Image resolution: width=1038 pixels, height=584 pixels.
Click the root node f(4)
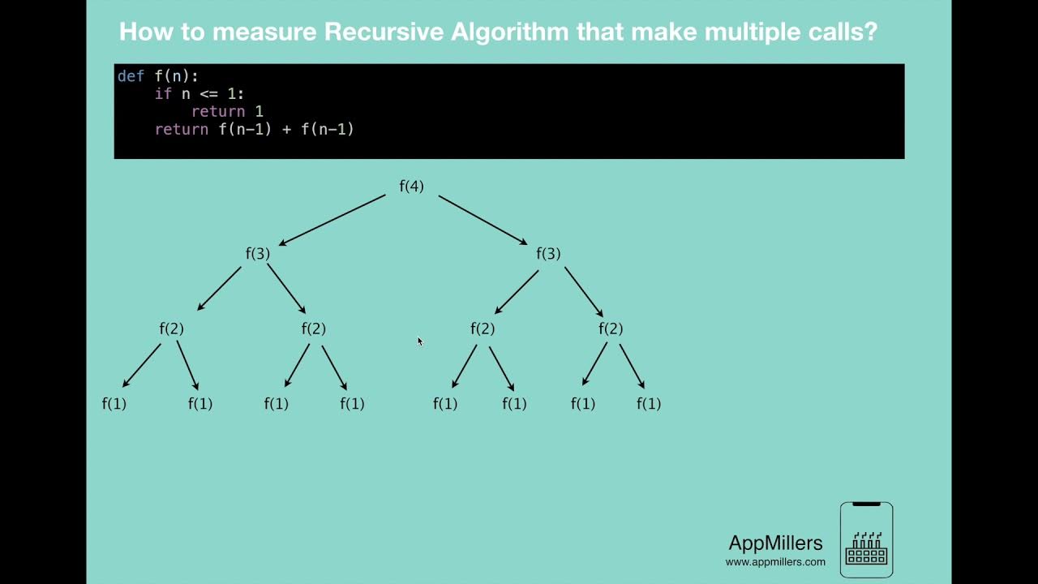tap(411, 187)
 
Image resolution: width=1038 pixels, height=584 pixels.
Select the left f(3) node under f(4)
tap(258, 254)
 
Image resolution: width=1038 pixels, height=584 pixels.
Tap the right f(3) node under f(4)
tap(548, 254)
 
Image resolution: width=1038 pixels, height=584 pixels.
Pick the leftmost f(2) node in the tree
tap(172, 328)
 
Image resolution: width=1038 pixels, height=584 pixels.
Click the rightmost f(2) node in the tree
tap(611, 328)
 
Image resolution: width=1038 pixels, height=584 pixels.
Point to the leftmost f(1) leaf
tap(114, 404)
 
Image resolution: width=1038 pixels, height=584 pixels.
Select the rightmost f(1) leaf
tap(649, 404)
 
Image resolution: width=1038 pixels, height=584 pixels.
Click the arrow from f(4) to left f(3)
tap(332, 219)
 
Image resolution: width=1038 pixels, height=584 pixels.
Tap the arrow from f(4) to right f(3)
tap(483, 219)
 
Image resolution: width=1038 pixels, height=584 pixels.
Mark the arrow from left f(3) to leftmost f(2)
tap(219, 289)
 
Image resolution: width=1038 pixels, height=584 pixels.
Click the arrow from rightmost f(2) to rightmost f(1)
tap(633, 367)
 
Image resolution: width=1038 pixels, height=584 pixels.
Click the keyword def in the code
tap(131, 76)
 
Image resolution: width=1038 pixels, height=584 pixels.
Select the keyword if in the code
tap(163, 94)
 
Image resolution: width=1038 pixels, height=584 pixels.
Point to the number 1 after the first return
tap(259, 112)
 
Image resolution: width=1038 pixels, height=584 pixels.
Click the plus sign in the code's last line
tap(286, 130)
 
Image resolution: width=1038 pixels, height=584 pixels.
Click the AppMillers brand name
tap(775, 543)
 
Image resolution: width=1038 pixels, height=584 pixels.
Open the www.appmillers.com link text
tap(775, 561)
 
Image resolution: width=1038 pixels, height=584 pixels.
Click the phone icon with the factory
tap(866, 540)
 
